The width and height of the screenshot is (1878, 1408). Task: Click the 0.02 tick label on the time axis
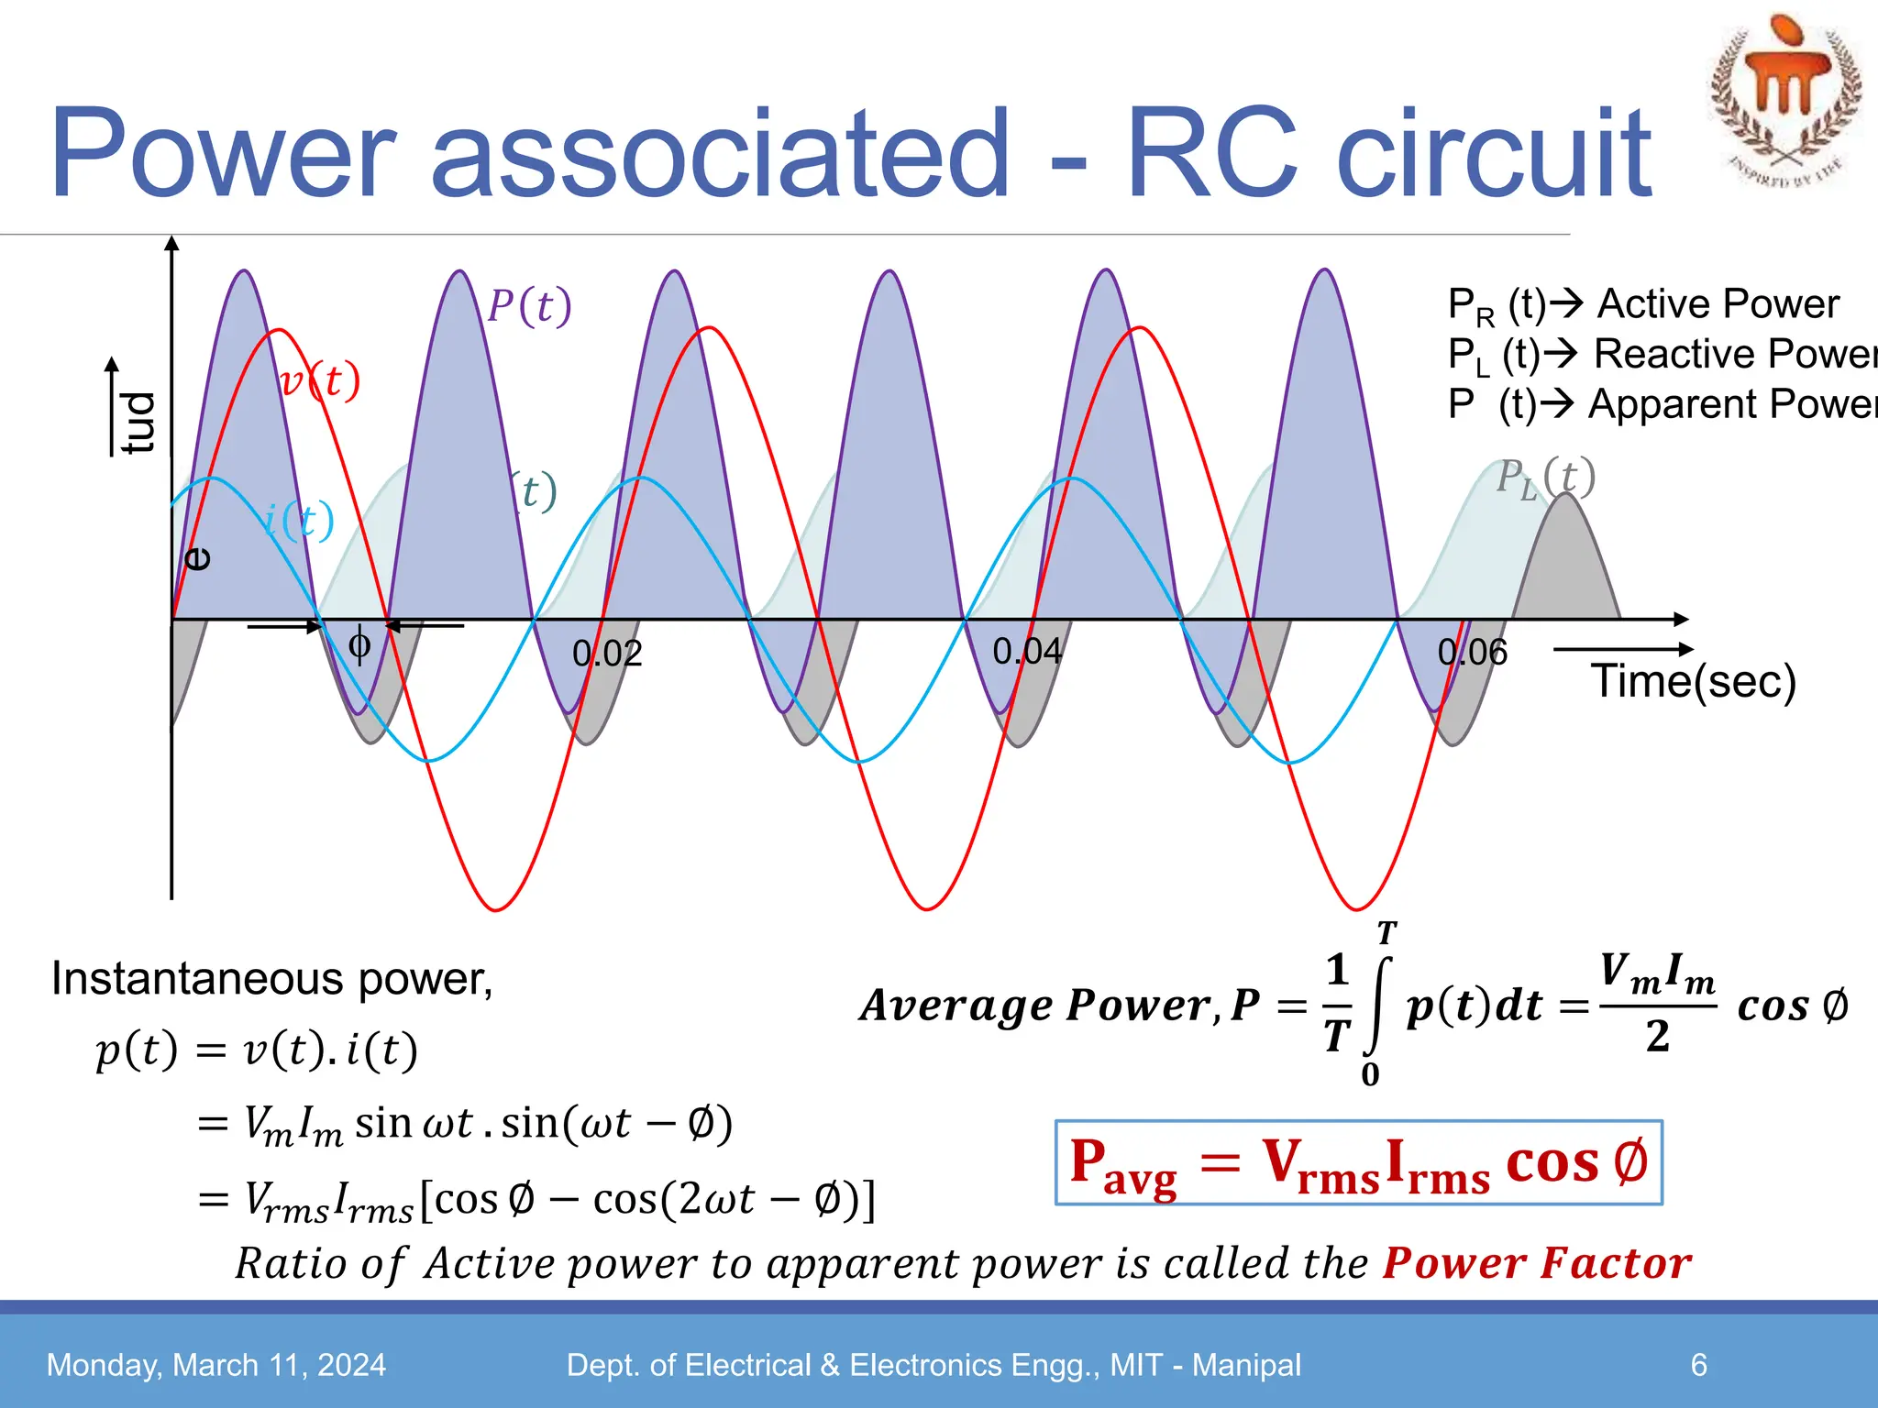[607, 654]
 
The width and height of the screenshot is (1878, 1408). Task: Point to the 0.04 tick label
[1027, 652]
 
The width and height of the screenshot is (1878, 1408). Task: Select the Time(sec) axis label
[1693, 681]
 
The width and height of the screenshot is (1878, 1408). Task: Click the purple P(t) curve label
[529, 306]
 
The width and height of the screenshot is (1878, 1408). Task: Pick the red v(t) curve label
[320, 381]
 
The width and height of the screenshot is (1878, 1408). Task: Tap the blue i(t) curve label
[299, 521]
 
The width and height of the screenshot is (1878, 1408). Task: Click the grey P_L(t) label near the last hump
[1546, 478]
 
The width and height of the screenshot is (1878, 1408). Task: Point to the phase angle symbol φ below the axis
[359, 645]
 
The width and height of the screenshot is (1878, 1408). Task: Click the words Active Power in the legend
[1718, 304]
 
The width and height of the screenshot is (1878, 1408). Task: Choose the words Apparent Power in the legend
[1731, 404]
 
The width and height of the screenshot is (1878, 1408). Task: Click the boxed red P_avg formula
[1358, 1162]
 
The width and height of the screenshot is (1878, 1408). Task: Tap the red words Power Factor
[1537, 1263]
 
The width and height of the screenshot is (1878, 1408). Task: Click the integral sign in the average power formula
[1378, 1006]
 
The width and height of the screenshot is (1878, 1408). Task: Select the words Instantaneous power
[271, 979]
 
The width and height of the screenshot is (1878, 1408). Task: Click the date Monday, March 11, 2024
[216, 1365]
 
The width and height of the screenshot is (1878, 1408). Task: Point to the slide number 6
[1698, 1365]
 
